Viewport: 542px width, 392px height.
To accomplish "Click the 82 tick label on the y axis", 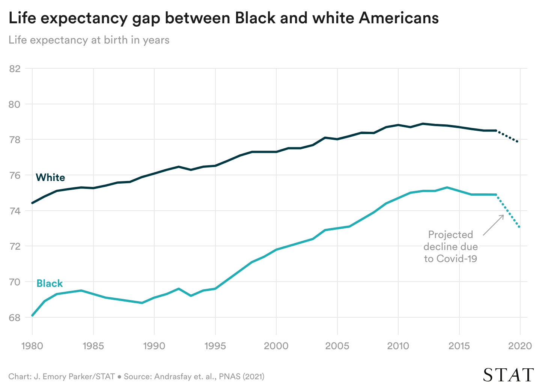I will coord(15,69).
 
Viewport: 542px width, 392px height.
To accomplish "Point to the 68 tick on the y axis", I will coord(15,318).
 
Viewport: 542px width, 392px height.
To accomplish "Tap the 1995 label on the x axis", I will coord(215,346).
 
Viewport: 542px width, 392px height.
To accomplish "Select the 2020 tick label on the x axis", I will coord(520,346).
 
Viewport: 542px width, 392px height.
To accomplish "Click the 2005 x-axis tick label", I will coord(337,346).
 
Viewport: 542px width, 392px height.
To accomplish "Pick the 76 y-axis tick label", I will coord(15,175).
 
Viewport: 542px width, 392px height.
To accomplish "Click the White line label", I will coord(50,178).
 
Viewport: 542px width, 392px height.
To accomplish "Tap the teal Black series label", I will coord(50,283).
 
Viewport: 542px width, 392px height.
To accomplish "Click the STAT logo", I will coord(508,375).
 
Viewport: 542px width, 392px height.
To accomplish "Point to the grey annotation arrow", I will coord(493,225).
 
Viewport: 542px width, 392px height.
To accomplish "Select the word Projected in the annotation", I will coord(450,235).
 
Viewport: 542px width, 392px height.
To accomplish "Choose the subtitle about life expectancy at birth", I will coord(89,40).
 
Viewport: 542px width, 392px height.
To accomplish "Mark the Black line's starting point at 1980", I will coord(32,315).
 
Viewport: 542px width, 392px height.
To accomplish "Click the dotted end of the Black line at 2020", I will coord(519,227).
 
